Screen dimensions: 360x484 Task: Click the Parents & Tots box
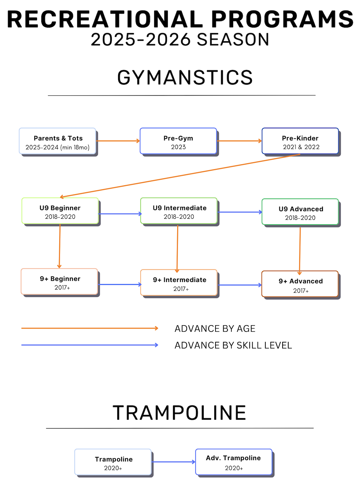pos(57,141)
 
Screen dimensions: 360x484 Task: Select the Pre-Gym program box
pos(178,141)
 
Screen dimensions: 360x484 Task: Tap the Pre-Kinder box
pos(300,141)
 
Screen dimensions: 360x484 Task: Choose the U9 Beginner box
pos(60,211)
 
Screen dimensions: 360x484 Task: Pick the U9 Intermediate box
pos(179,211)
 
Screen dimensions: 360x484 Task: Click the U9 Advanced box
pos(300,212)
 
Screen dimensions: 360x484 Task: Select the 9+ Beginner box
pos(59,281)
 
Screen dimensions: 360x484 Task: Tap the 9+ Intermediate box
pos(179,282)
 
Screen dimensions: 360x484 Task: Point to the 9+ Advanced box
pos(300,284)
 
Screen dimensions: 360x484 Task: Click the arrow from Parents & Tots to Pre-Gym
pos(118,141)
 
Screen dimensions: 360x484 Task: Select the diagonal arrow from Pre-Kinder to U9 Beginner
pos(180,176)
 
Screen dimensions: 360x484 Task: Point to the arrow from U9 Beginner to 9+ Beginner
pos(60,246)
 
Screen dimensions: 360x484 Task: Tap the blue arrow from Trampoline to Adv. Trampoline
pos(173,462)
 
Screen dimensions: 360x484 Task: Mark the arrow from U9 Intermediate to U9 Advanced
pos(240,212)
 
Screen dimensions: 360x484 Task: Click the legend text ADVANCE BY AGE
pos(215,328)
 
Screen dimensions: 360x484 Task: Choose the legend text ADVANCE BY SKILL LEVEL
pos(233,345)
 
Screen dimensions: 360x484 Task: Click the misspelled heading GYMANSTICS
pos(185,77)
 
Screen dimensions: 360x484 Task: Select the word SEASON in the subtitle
pos(233,39)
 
